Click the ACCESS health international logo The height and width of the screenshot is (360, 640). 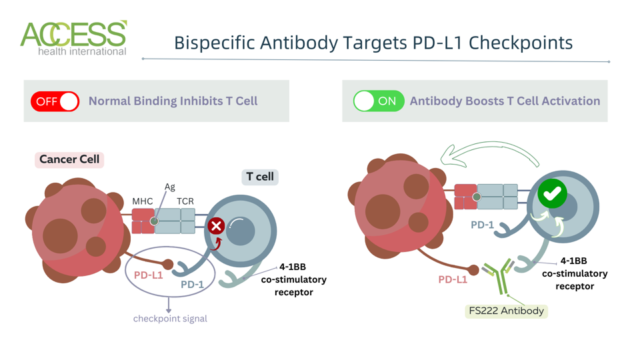click(73, 38)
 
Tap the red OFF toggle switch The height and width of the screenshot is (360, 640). click(55, 101)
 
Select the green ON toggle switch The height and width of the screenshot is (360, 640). click(379, 101)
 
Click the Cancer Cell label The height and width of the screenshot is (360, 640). click(69, 159)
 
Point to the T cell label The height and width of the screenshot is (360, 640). click(260, 177)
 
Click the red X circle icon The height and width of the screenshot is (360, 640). click(216, 226)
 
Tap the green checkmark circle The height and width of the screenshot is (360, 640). click(552, 193)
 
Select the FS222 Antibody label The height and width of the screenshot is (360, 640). click(506, 311)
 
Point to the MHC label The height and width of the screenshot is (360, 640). click(142, 201)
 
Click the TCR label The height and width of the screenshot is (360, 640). click(185, 201)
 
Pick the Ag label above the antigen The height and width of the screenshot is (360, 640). click(169, 187)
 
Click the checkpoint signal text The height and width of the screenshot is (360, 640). click(170, 319)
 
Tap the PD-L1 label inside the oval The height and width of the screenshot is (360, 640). click(148, 275)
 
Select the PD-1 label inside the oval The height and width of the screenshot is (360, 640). click(193, 285)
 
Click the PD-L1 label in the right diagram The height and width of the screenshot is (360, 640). click(453, 279)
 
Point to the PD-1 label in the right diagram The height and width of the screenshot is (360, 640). click(482, 225)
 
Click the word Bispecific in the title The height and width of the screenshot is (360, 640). click(215, 43)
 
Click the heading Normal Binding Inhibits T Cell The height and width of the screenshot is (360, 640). click(173, 101)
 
